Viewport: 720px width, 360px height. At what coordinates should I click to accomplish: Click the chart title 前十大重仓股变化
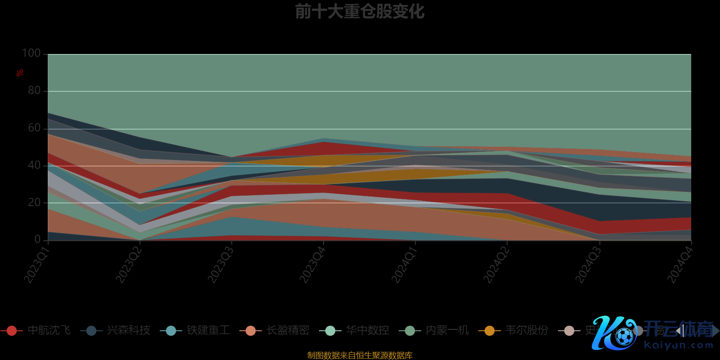coord(360,12)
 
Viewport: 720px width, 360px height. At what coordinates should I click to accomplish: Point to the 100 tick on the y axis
coord(31,53)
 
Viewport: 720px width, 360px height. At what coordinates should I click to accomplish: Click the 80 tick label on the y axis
coord(34,90)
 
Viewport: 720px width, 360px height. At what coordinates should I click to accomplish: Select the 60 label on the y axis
coord(34,128)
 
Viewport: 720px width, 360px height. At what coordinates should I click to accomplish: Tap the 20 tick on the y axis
coord(34,202)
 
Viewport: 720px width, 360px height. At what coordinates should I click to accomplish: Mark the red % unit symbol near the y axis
coord(20,73)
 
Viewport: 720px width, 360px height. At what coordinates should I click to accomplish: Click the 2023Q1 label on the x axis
coord(36,265)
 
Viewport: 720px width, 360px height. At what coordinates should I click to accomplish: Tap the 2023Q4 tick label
coord(312,265)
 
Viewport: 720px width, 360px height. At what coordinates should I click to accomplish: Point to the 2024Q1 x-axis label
coord(404,265)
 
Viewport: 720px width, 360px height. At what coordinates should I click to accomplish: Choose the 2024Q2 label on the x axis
coord(495,265)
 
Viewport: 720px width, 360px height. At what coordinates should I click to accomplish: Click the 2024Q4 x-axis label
coord(679,265)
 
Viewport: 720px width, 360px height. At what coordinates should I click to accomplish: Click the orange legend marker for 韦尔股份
coord(489,331)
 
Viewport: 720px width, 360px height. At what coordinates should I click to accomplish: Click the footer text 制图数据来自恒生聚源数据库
coord(360,355)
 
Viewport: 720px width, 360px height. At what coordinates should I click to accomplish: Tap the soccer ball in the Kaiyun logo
coord(624,337)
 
